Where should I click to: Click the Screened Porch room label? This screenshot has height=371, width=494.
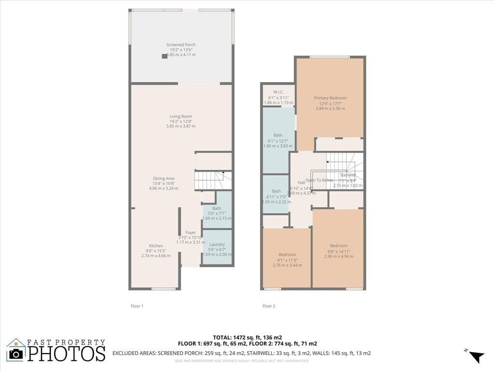pyautogui.click(x=181, y=45)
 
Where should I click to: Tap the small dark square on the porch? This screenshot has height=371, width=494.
pyautogui.click(x=165, y=56)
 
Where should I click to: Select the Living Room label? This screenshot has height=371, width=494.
pyautogui.click(x=181, y=116)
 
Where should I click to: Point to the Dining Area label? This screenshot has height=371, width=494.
pyautogui.click(x=164, y=178)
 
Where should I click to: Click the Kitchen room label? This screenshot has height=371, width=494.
pyautogui.click(x=156, y=246)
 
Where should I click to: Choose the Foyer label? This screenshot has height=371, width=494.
pyautogui.click(x=191, y=232)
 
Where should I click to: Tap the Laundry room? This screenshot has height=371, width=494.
pyautogui.click(x=217, y=244)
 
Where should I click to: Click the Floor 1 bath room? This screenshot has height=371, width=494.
pyautogui.click(x=217, y=208)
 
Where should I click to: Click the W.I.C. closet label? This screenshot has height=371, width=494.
pyautogui.click(x=278, y=92)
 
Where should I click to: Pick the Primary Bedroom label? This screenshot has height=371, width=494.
pyautogui.click(x=330, y=98)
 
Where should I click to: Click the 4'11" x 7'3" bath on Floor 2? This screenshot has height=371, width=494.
pyautogui.click(x=276, y=191)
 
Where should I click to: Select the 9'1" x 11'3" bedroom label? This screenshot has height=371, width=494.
pyautogui.click(x=287, y=255)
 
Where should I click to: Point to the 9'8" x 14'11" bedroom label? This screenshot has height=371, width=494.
pyautogui.click(x=338, y=245)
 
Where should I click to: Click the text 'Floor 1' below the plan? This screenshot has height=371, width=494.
pyautogui.click(x=137, y=306)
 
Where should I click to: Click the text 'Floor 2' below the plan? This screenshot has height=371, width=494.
pyautogui.click(x=269, y=306)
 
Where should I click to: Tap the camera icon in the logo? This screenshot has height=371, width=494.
pyautogui.click(x=16, y=354)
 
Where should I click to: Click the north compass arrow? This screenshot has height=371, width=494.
pyautogui.click(x=476, y=356)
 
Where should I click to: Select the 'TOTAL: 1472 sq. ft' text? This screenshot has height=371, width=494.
pyautogui.click(x=247, y=337)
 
